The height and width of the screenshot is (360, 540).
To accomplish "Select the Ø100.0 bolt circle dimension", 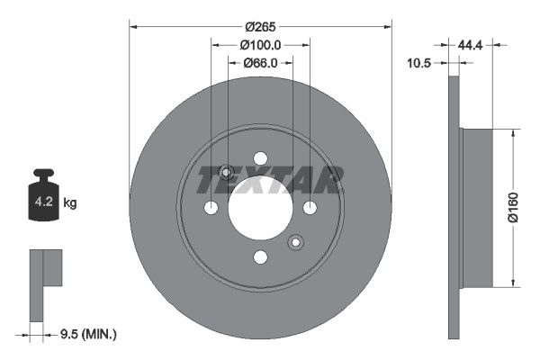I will tap(260, 44).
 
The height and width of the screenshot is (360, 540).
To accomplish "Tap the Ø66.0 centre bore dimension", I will tap(260, 63).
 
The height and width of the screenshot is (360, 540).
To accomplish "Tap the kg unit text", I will tap(70, 204).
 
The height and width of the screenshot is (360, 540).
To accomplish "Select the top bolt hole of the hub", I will tap(260, 158).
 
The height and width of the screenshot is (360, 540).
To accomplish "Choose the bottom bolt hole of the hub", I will tap(260, 257).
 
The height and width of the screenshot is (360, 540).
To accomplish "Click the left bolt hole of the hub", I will tap(211, 208).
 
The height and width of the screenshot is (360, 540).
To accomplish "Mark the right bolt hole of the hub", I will tap(310, 208).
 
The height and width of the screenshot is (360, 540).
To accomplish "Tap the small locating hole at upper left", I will tap(226, 173).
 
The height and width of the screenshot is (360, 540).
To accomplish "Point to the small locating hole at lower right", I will tap(294, 242).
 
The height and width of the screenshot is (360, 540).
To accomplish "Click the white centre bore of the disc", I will tap(260, 209).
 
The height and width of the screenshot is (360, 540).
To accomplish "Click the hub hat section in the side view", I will tap(477, 208).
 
